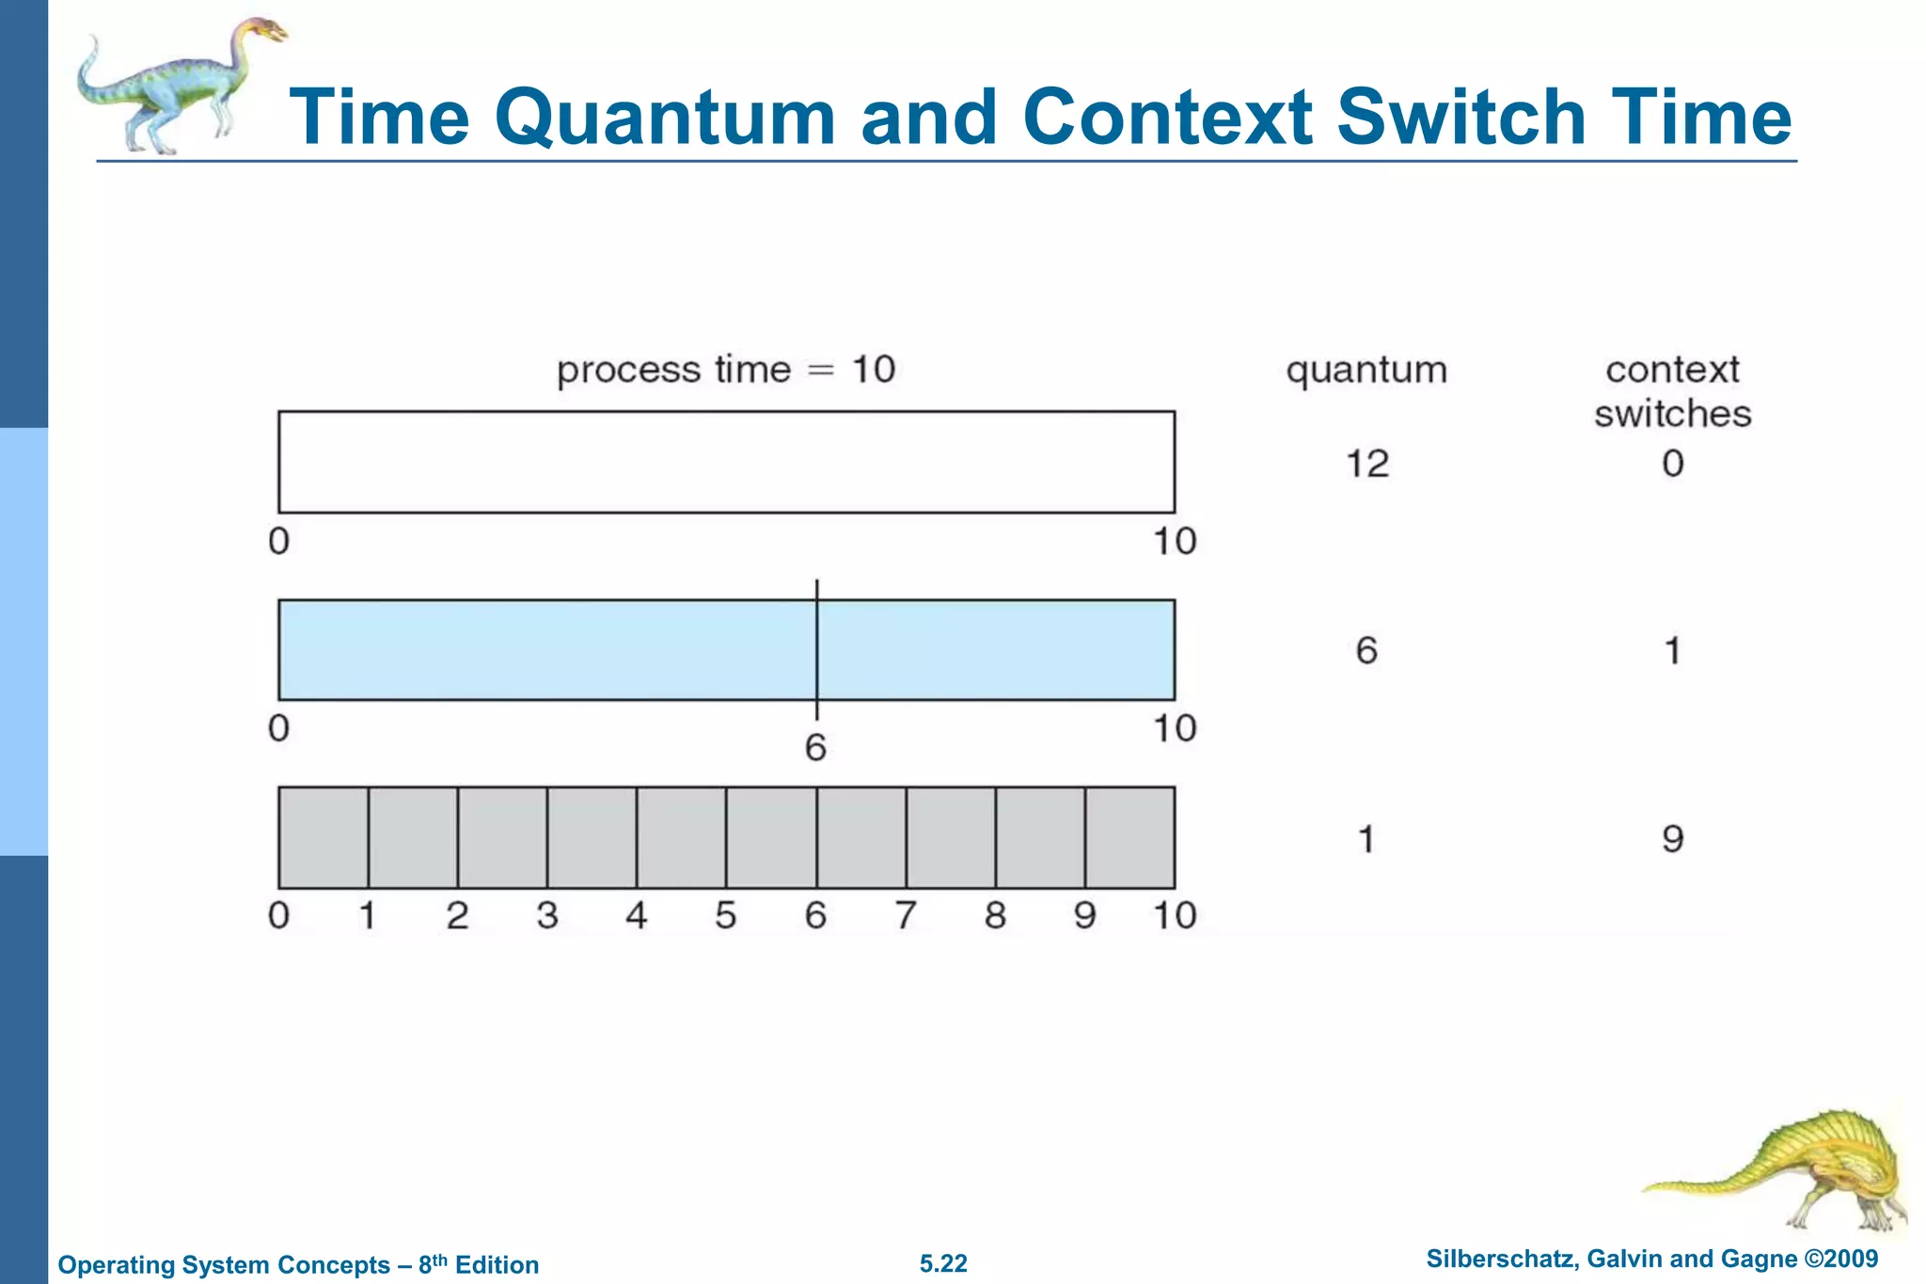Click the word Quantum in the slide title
point(664,119)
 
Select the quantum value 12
point(1366,464)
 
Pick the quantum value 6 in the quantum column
point(1366,650)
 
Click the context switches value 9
point(1672,838)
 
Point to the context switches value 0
point(1672,464)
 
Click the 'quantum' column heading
point(1366,371)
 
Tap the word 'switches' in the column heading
point(1672,414)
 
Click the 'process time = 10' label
point(725,370)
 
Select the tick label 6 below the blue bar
point(815,748)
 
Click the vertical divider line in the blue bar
point(816,650)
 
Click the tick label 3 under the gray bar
point(547,915)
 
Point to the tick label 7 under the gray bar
point(906,915)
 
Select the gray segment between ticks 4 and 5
point(681,837)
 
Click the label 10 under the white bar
point(1174,542)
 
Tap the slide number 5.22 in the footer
point(943,1263)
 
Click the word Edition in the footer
point(497,1265)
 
